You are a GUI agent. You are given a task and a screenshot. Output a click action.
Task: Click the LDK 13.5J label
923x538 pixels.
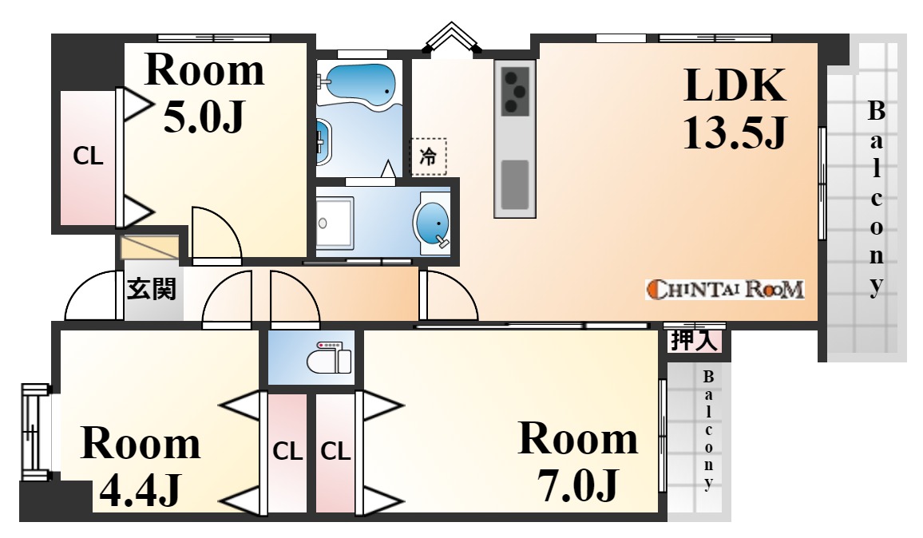coord(735,109)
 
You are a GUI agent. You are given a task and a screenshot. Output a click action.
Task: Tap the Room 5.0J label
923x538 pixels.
coord(204,93)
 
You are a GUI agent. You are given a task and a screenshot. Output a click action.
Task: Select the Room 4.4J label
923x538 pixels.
coord(141,465)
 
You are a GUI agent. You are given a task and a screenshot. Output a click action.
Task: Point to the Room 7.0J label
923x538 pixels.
coord(578,461)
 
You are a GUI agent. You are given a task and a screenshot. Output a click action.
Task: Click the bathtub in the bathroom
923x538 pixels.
coord(359,85)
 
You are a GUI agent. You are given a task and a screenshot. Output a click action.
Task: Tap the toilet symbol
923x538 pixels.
coord(329,357)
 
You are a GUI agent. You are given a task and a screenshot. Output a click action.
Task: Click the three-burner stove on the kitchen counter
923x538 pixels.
coord(516,91)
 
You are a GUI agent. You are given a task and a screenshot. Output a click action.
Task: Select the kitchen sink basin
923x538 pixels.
coord(515,184)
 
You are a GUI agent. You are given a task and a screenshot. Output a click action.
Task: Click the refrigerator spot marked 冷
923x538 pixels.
coord(428,156)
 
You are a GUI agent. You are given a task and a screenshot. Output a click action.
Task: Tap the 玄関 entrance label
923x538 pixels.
coord(151,289)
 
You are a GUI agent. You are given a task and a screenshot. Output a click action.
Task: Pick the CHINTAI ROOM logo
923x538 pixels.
coord(725,289)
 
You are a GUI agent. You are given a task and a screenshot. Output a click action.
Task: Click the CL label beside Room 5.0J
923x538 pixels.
coord(88,156)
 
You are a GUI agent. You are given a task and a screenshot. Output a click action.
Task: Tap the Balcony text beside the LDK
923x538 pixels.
coord(877,199)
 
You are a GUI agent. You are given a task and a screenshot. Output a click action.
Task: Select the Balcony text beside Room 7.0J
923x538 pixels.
coord(709,431)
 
